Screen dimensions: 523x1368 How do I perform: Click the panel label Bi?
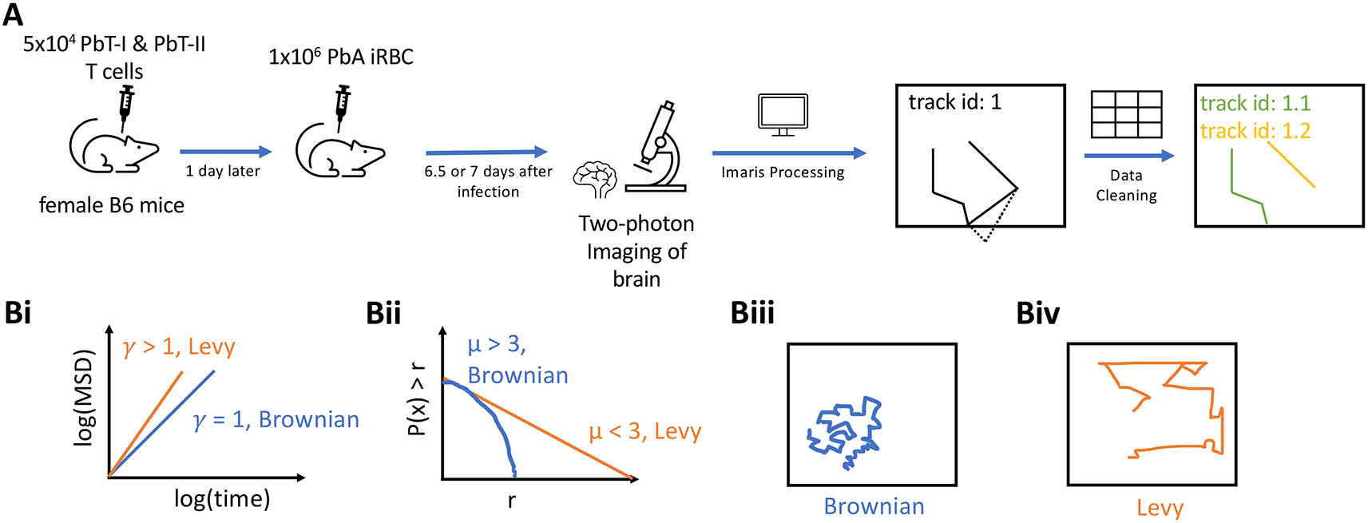coord(18,313)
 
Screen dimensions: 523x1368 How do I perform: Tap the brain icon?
coord(595,179)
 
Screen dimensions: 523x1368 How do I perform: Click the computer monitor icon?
coord(783,114)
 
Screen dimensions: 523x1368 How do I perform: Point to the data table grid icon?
coord(1126,114)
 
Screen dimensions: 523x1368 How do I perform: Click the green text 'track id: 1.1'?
coord(1255,103)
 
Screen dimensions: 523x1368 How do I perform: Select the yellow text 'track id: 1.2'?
coord(1255,131)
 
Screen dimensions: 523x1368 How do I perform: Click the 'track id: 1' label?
coord(954,102)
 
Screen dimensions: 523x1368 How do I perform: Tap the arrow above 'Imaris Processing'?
coord(788,153)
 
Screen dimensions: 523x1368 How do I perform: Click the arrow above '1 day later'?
coord(226,151)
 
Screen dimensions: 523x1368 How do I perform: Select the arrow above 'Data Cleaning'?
coord(1128,156)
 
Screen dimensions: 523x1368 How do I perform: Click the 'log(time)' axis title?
coord(222,499)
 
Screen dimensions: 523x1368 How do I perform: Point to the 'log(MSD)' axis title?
coord(84,397)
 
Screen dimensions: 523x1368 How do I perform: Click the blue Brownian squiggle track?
coord(845,431)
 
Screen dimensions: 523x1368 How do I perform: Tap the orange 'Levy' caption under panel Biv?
coord(1160,508)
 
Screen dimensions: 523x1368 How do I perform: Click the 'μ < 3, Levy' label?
coord(644,432)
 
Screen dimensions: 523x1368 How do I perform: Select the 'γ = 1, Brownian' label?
coord(276,420)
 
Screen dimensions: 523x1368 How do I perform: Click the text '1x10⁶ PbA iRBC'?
coord(341,57)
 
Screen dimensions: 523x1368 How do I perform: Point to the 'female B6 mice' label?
coord(112,205)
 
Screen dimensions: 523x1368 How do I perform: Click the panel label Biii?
coord(752,313)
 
